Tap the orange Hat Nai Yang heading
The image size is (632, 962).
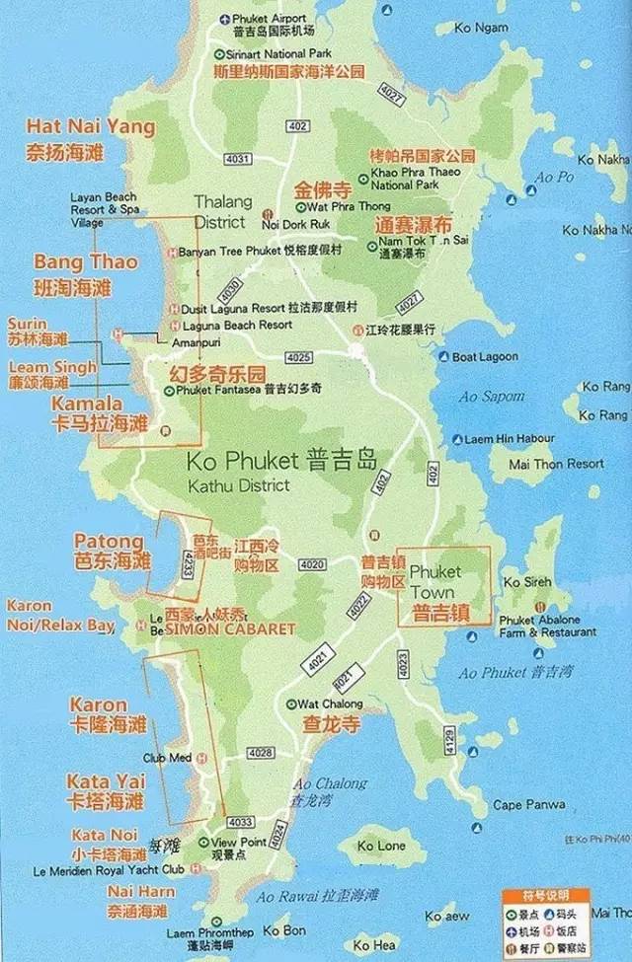coord(91,127)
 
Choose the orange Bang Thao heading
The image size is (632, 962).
coord(86,262)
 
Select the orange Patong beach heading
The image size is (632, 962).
coord(109,541)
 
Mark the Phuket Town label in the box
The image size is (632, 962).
coord(435,571)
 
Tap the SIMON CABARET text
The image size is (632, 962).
coord(231,629)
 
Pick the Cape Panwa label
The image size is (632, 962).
coord(521,805)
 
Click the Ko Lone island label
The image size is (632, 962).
coord(381,846)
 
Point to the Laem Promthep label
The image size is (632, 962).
coord(209,932)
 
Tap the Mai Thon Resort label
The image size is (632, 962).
coord(556,463)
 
